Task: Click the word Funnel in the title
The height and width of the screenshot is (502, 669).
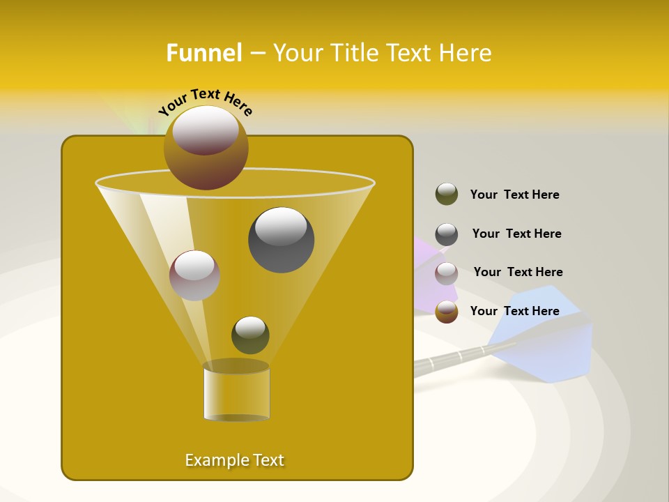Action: [x=203, y=53]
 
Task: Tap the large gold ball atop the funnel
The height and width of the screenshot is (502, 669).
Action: [x=206, y=147]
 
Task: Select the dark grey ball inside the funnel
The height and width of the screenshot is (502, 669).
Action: [x=281, y=240]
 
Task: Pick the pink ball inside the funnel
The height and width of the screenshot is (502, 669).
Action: [x=194, y=275]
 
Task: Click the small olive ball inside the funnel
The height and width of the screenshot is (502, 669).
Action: [x=250, y=335]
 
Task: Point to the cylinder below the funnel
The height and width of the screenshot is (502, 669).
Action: [x=236, y=391]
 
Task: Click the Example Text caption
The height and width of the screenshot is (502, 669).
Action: [x=234, y=460]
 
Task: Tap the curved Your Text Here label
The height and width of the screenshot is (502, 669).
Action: [x=206, y=101]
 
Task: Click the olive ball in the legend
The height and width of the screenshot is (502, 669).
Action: [x=447, y=195]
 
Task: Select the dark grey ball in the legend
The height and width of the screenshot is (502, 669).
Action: [x=447, y=234]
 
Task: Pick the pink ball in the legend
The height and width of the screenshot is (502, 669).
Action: [x=447, y=273]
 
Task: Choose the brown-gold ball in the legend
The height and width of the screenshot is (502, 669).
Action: [x=447, y=312]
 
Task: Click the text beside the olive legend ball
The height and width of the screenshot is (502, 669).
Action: [x=514, y=195]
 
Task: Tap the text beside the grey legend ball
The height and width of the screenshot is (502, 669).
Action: [x=516, y=234]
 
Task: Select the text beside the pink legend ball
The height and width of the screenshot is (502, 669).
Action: [x=518, y=273]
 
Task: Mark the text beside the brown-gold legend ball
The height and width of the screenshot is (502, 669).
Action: [x=514, y=311]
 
